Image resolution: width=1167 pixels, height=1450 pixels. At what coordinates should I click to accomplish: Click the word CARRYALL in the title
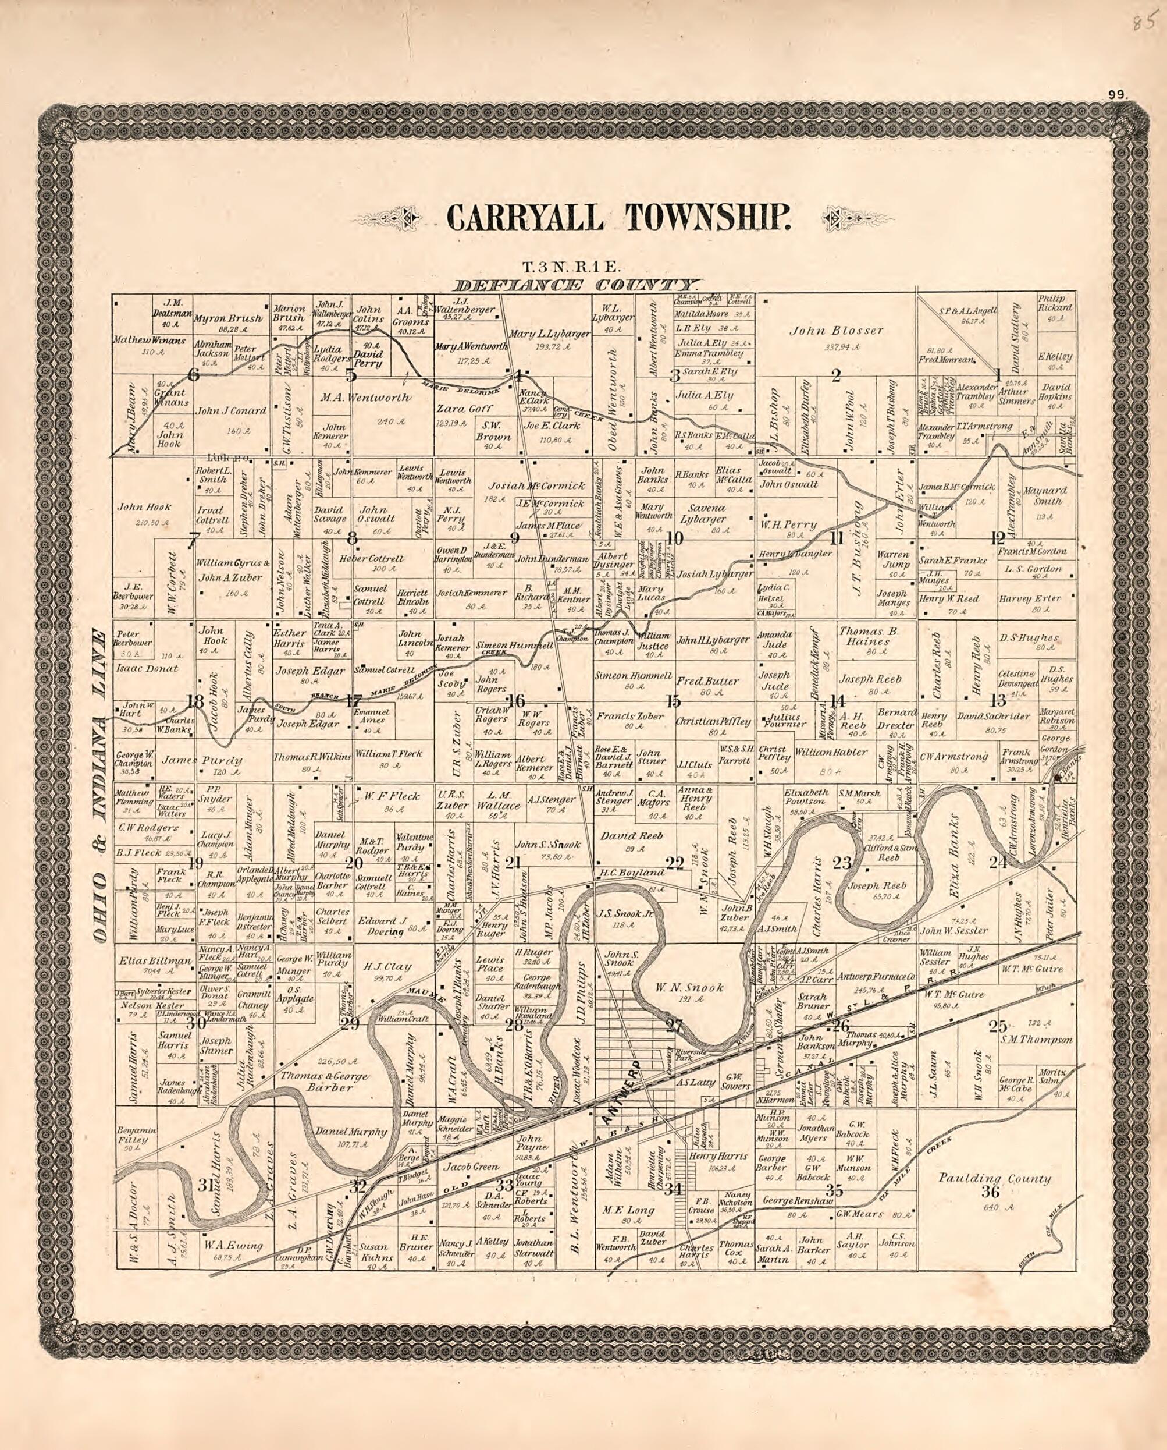[525, 218]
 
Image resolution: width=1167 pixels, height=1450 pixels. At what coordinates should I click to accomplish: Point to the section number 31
[205, 1185]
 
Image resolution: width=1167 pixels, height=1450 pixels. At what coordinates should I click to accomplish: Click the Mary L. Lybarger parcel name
[549, 334]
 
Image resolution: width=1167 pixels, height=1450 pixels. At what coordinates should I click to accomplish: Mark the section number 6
[194, 375]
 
